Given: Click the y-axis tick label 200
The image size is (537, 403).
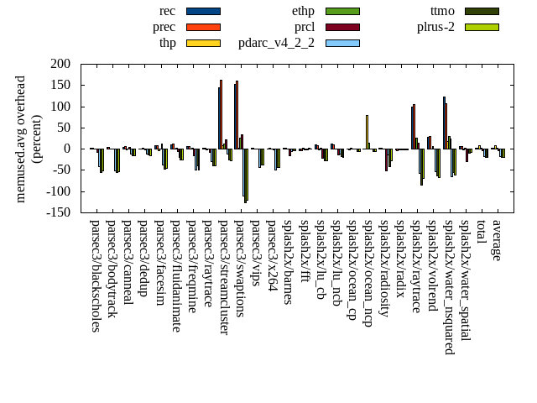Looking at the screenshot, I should click(x=60, y=64).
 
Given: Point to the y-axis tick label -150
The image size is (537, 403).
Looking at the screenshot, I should click(x=57, y=212).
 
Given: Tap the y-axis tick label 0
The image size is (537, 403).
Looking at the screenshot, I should click(x=66, y=149).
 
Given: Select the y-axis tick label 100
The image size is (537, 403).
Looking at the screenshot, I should click(x=60, y=107).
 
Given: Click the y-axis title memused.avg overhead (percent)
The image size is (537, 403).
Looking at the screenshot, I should click(x=29, y=139).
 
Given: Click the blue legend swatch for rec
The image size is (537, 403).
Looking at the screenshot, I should click(x=203, y=11).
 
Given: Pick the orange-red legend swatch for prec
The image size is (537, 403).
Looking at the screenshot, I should click(x=203, y=27).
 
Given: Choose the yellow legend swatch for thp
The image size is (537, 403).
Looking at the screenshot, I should click(x=203, y=43).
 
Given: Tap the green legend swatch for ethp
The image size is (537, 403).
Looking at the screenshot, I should click(x=342, y=11).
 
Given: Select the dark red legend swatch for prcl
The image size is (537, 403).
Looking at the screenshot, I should click(x=342, y=27).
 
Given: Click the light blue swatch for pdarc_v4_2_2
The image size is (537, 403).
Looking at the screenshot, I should click(x=342, y=43).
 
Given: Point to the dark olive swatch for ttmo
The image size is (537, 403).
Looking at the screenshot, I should click(x=482, y=11).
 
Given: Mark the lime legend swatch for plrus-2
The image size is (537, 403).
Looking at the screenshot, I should click(x=482, y=27).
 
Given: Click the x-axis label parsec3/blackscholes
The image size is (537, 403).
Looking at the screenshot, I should click(x=95, y=275).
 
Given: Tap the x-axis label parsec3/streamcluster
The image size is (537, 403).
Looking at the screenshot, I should click(x=223, y=277).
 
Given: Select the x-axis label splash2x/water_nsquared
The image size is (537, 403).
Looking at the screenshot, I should click(x=449, y=286).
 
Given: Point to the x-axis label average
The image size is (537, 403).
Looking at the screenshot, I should click(x=497, y=240).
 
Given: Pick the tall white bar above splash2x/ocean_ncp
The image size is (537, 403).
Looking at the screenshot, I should click(x=367, y=132).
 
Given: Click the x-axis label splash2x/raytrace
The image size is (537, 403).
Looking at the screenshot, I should click(x=416, y=266).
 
